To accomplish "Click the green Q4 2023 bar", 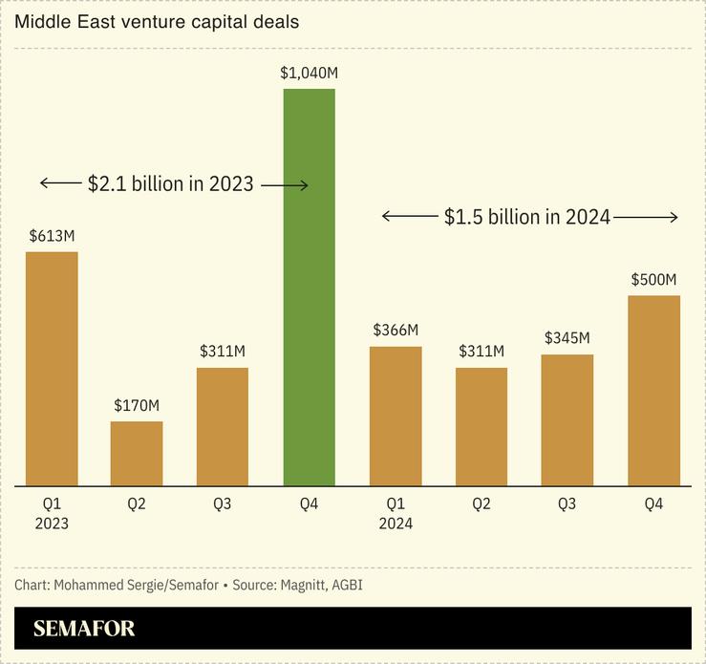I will pyautogui.click(x=309, y=287).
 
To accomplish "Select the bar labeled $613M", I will pyautogui.click(x=52, y=369).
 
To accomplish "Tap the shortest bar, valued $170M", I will pyautogui.click(x=137, y=454).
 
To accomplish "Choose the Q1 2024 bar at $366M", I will pyautogui.click(x=396, y=417).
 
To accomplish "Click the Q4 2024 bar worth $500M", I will pyautogui.click(x=653, y=391).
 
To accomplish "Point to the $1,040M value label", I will pyautogui.click(x=309, y=72).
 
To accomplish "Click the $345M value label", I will pyautogui.click(x=567, y=338).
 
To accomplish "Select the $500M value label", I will pyautogui.click(x=653, y=279).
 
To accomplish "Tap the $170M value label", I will pyautogui.click(x=137, y=405).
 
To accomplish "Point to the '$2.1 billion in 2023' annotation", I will pyautogui.click(x=171, y=183).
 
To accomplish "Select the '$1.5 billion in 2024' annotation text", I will pyautogui.click(x=527, y=217).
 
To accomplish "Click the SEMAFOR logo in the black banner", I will pyautogui.click(x=84, y=629).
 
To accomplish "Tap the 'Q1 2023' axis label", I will pyautogui.click(x=52, y=513).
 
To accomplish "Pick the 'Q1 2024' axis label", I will pyautogui.click(x=396, y=513).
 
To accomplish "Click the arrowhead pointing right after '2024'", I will pyautogui.click(x=674, y=217).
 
